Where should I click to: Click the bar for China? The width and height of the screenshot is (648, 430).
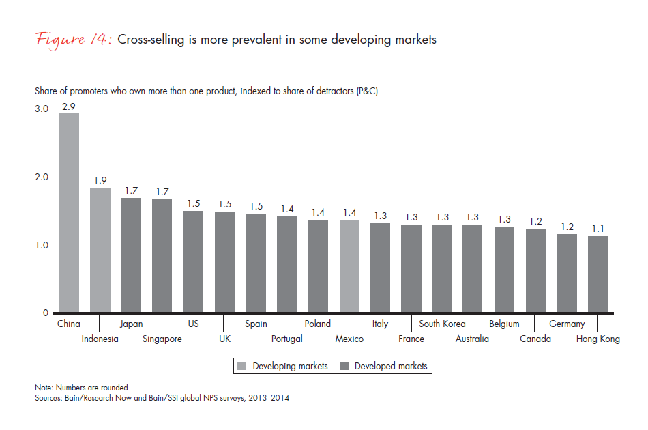(x=68, y=213)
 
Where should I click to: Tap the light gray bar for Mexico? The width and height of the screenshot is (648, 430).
(x=349, y=266)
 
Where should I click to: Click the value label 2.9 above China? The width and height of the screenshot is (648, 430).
(x=68, y=106)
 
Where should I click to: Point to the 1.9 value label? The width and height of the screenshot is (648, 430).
(x=100, y=180)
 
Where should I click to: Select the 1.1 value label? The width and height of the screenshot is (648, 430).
(x=598, y=229)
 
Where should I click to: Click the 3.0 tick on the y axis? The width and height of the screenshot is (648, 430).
(x=42, y=109)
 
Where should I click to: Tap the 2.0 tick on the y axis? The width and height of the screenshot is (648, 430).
(x=42, y=177)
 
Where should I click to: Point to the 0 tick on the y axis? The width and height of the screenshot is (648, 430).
(x=46, y=313)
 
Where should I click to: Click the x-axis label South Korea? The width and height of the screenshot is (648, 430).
(x=442, y=324)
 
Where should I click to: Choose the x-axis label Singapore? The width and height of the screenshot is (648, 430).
(x=162, y=339)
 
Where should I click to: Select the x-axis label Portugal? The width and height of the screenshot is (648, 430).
(x=286, y=339)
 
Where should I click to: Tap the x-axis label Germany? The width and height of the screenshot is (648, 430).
(x=567, y=324)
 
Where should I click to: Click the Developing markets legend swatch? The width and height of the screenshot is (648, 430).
(x=242, y=367)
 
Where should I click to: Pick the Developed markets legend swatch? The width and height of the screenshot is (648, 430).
(x=344, y=367)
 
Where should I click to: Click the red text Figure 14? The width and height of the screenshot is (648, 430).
(x=74, y=39)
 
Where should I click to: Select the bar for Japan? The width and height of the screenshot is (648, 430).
(x=131, y=256)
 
